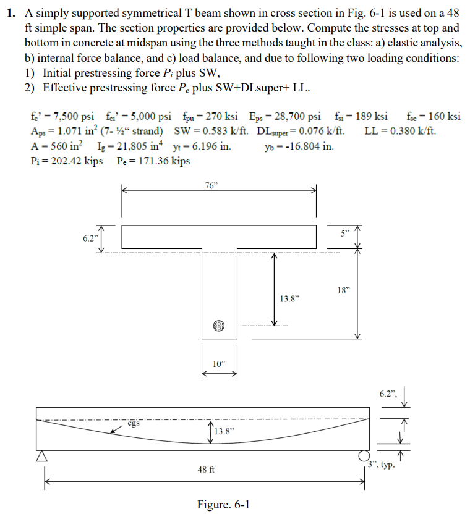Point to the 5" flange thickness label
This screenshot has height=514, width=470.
(x=345, y=234)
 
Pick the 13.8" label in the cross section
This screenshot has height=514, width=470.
(x=289, y=298)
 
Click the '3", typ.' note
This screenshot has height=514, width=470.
(x=382, y=464)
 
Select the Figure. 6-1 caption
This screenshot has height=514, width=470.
(x=223, y=505)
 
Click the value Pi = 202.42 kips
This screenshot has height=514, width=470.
(x=66, y=161)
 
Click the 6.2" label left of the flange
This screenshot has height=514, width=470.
(x=90, y=238)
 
